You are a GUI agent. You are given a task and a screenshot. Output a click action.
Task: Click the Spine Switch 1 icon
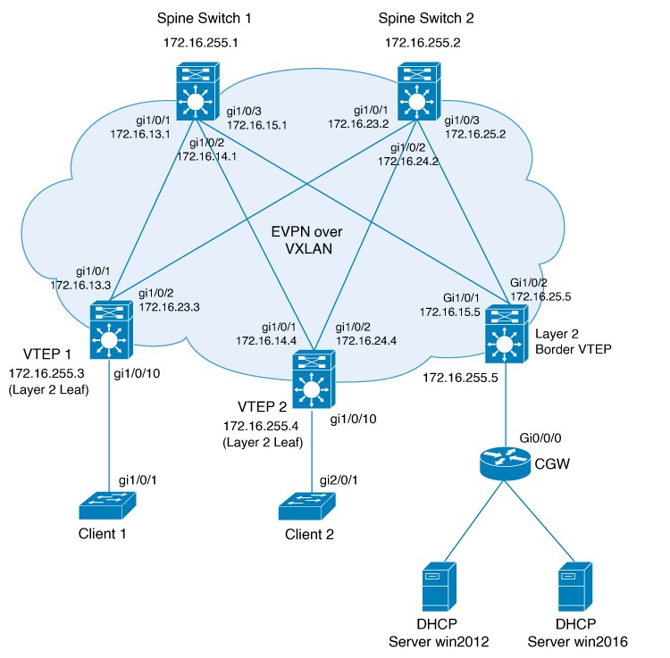pos(195,93)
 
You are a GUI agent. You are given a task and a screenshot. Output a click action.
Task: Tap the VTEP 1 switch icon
pos(110,331)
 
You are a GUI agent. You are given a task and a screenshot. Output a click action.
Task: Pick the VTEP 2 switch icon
pos(312,378)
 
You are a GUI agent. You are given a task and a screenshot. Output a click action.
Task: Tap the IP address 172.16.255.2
pos(422,42)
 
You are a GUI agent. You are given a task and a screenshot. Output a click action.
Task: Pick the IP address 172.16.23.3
pos(170,305)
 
